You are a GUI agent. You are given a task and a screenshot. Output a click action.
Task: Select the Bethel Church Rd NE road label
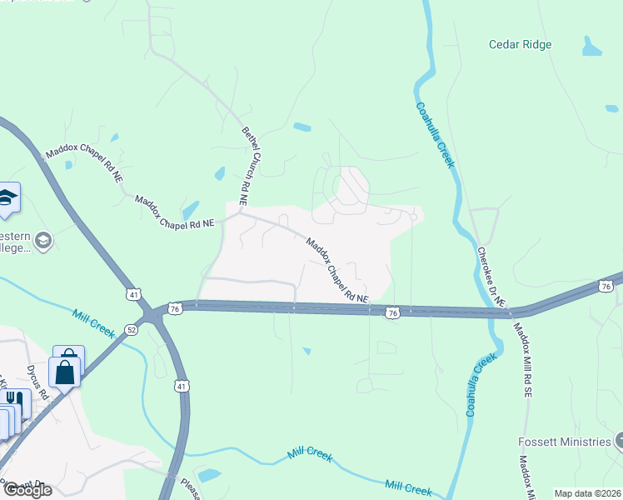click(x=245, y=167)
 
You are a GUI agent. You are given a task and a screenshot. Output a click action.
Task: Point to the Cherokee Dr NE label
click(x=491, y=278)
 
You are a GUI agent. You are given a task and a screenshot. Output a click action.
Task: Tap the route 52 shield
click(x=132, y=329)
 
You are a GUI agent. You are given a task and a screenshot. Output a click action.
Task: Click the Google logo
click(x=27, y=490)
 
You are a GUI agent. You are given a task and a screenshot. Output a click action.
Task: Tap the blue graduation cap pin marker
click(x=7, y=198)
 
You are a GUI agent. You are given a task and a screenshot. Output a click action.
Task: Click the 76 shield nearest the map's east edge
click(x=606, y=287)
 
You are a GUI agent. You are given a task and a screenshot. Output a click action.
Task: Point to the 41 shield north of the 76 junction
click(x=134, y=294)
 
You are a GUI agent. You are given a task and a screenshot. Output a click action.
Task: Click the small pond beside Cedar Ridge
click(x=592, y=48)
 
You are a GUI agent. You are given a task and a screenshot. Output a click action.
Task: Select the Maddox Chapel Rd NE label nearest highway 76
click(x=336, y=270)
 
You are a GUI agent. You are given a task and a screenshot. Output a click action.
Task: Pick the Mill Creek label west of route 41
click(x=93, y=322)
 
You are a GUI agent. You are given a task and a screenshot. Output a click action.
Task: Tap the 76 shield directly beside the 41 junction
click(x=174, y=308)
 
